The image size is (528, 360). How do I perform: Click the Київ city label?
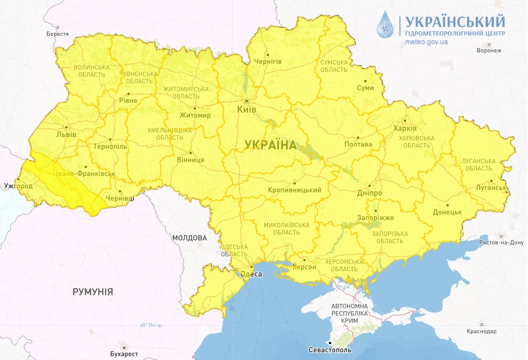(x=247, y=110)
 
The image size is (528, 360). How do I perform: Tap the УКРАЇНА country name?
(x=270, y=145)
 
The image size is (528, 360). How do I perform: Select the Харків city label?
(x=405, y=129)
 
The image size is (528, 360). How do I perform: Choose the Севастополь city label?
(x=330, y=351)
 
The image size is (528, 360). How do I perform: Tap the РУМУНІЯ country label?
(x=93, y=292)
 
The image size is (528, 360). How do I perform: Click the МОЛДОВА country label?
(x=189, y=238)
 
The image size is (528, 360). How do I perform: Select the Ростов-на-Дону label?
(x=502, y=242)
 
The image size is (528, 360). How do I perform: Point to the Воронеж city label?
(x=489, y=51)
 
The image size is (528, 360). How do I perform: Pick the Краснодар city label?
(x=482, y=331)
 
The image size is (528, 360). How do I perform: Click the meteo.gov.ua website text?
(x=426, y=42)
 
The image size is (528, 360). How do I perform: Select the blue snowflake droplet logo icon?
(x=385, y=26)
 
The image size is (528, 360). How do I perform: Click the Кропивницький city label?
(x=294, y=191)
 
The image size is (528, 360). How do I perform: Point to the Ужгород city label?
(x=17, y=185)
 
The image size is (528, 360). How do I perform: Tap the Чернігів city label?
(x=267, y=62)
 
